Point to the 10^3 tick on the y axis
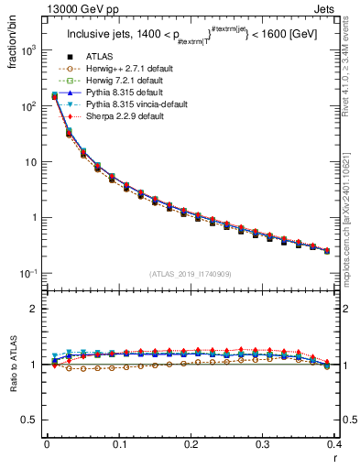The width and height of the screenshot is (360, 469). click(27, 50)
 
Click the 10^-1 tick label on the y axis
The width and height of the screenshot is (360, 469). click(27, 274)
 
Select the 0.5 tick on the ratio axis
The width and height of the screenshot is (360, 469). click(28, 420)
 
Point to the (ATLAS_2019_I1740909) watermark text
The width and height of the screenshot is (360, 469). click(191, 274)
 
